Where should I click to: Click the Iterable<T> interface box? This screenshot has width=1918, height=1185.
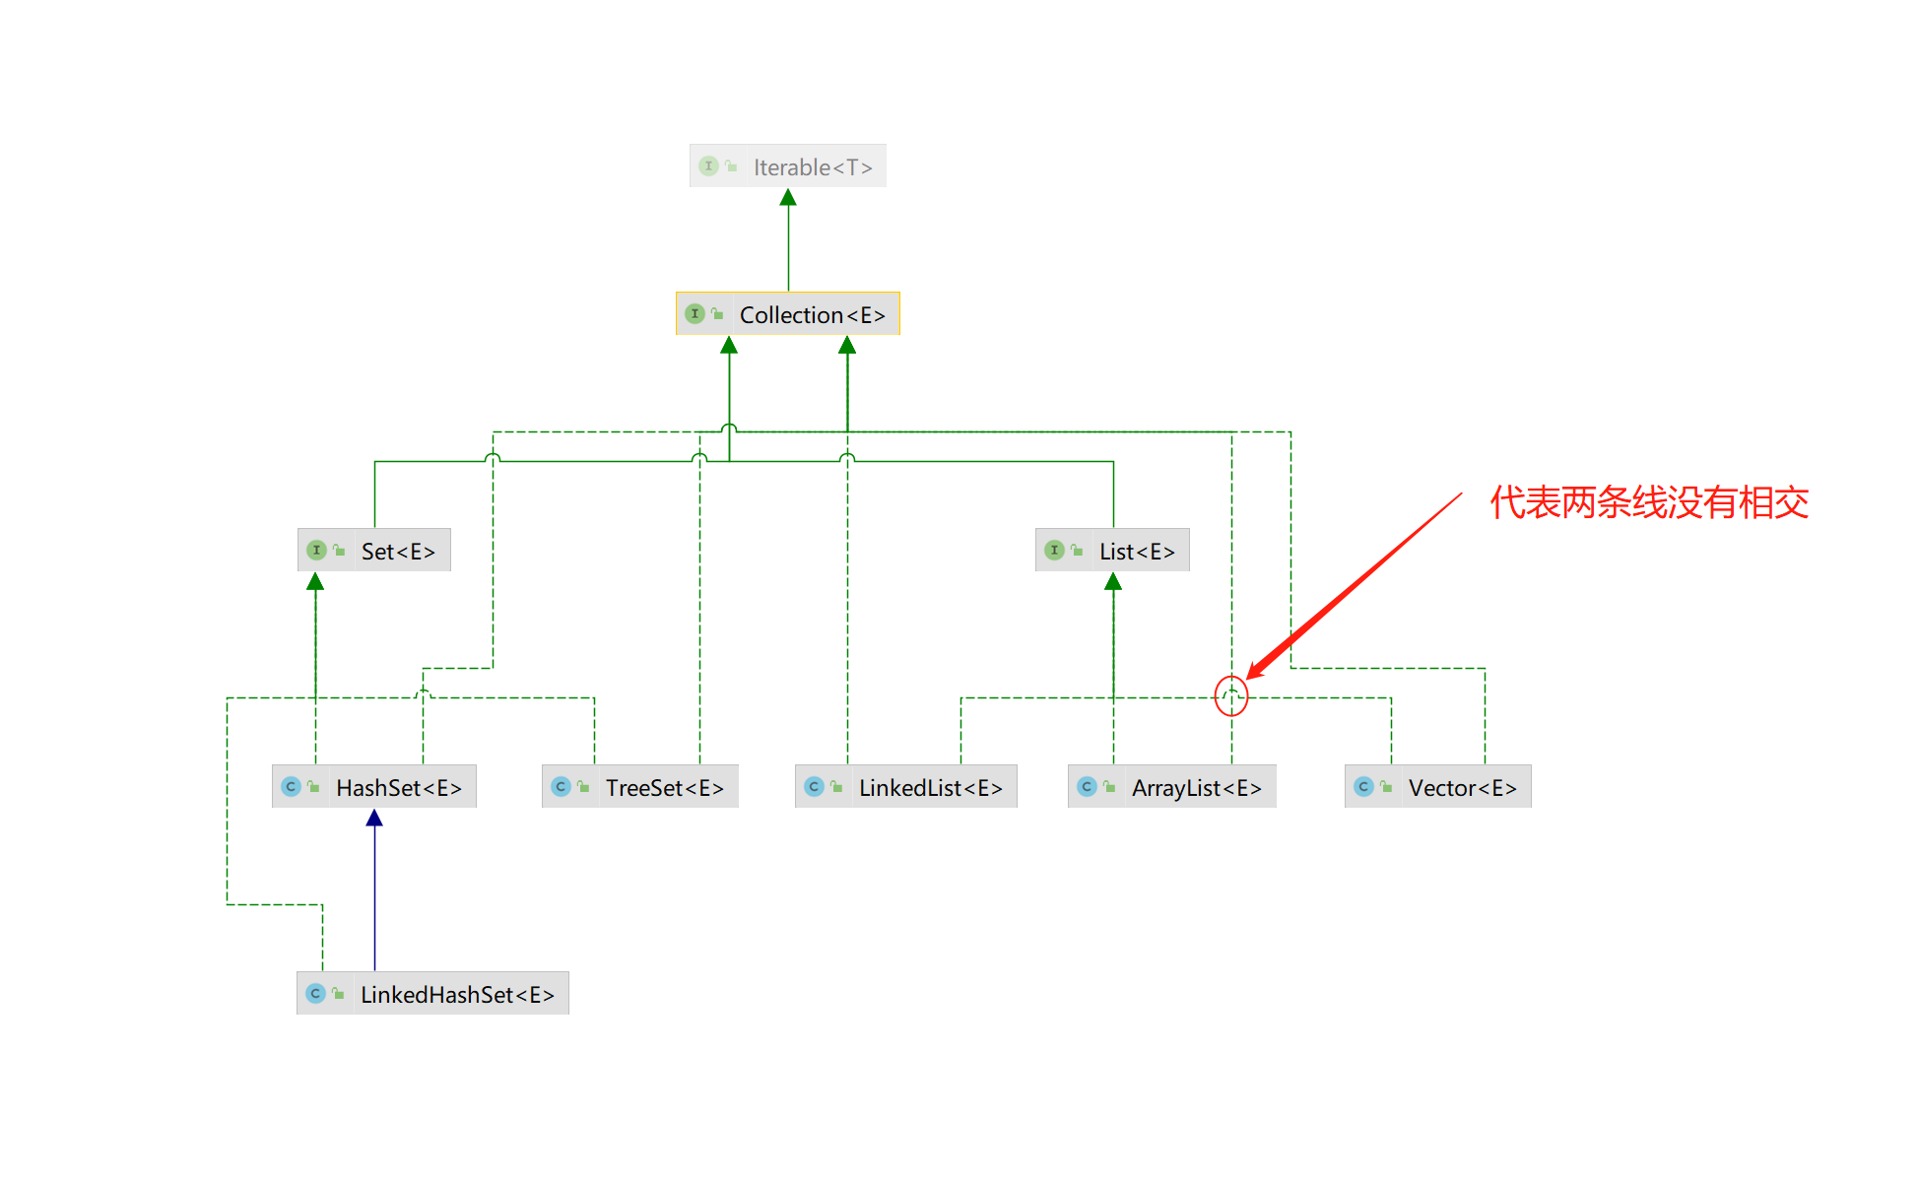click(x=787, y=166)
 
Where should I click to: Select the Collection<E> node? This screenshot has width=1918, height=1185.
click(x=787, y=314)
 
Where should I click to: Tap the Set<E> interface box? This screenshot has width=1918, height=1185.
click(x=374, y=551)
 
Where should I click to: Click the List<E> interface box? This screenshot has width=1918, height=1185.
click(x=1112, y=551)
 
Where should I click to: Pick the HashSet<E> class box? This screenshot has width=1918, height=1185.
click(x=374, y=787)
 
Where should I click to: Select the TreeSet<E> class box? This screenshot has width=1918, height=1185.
click(x=640, y=787)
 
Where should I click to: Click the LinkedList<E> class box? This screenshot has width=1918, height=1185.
click(x=906, y=787)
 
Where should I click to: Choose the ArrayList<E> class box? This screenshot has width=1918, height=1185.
click(x=1172, y=787)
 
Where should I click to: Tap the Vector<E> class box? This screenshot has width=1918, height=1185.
click(x=1438, y=787)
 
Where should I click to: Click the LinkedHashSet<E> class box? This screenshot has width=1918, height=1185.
click(x=432, y=994)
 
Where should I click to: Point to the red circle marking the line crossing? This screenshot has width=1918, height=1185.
click(x=1231, y=696)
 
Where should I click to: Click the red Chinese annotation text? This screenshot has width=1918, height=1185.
click(x=1649, y=502)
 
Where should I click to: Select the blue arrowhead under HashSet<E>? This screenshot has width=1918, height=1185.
click(x=374, y=818)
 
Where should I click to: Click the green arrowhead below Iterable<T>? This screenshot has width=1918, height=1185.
click(x=788, y=198)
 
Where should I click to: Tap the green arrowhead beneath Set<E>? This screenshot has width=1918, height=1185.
click(x=315, y=582)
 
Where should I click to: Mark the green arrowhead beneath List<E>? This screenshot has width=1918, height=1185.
click(x=1113, y=582)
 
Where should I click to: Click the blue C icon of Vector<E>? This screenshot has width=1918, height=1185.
click(x=1363, y=787)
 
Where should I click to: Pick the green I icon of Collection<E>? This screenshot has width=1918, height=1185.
click(x=694, y=314)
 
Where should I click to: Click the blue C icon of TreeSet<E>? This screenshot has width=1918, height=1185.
click(x=561, y=787)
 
